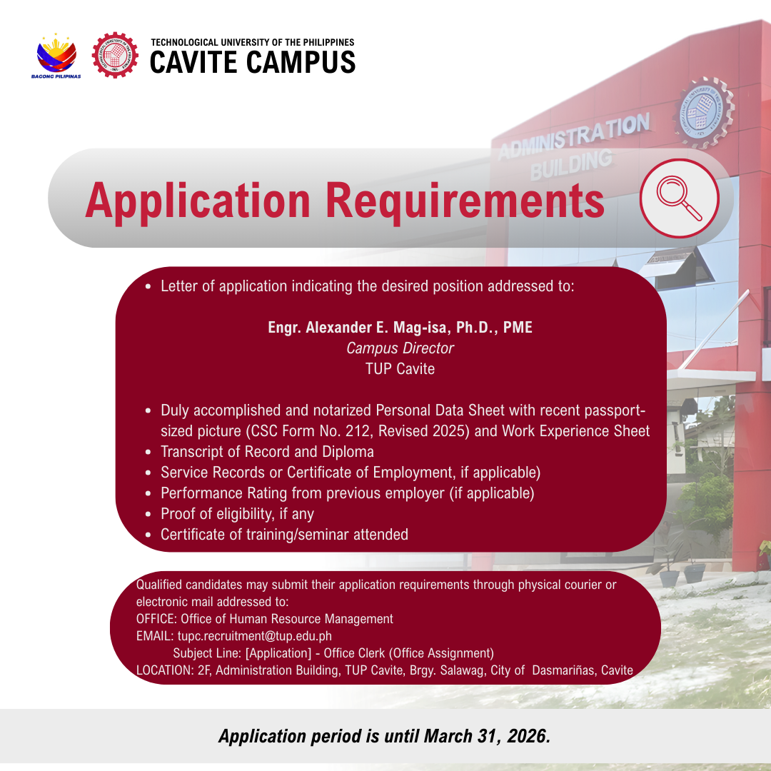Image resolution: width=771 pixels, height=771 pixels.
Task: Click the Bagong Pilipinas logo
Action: pyautogui.click(x=56, y=56)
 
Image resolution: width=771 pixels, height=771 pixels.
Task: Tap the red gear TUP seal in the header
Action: pyautogui.click(x=115, y=55)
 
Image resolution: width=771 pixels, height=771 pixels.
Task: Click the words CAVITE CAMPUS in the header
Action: pyautogui.click(x=252, y=62)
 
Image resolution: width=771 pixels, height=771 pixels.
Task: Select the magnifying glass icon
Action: pyautogui.click(x=680, y=198)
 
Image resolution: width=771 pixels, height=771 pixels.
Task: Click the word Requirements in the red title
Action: pyautogui.click(x=465, y=201)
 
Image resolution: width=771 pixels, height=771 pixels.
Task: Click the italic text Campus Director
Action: pyautogui.click(x=400, y=348)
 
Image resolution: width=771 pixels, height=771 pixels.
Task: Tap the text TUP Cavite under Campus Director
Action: pyautogui.click(x=400, y=369)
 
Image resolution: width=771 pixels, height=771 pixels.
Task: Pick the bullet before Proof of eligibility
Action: pyautogui.click(x=148, y=514)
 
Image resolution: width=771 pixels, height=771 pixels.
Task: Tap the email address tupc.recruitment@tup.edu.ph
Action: pyautogui.click(x=254, y=636)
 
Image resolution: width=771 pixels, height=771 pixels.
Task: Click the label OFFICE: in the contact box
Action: pyautogui.click(x=156, y=618)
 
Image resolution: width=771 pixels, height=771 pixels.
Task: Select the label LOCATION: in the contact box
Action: pyautogui.click(x=165, y=670)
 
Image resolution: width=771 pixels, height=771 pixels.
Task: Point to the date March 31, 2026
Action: pyautogui.click(x=486, y=736)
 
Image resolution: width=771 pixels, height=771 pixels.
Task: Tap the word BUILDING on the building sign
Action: pyautogui.click(x=571, y=164)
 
